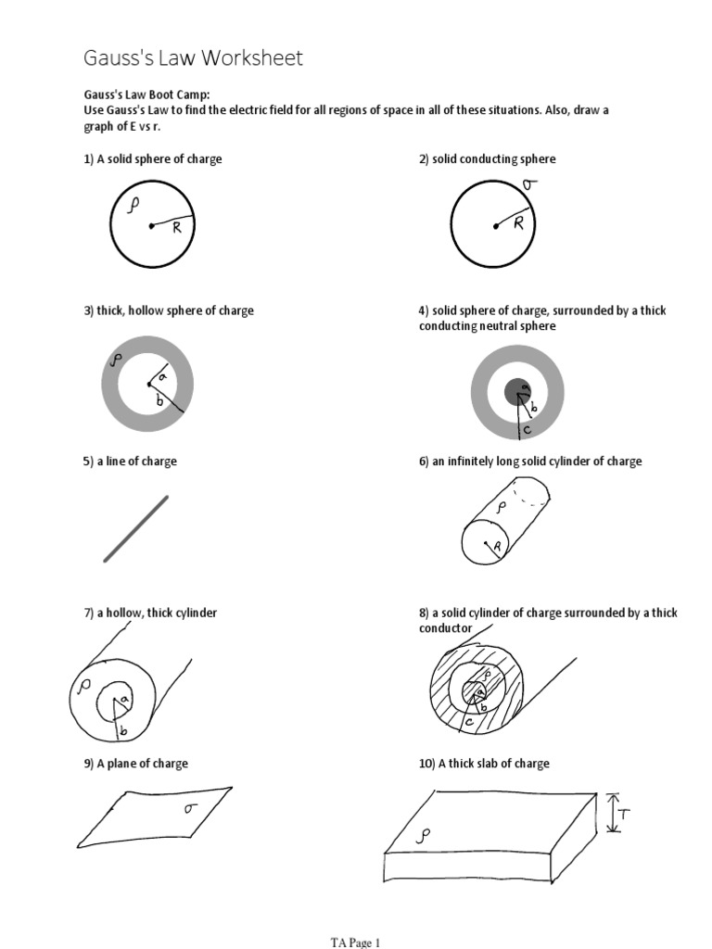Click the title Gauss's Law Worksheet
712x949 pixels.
coord(193,59)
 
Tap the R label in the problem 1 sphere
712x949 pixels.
coord(176,229)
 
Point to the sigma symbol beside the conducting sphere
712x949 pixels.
coord(529,186)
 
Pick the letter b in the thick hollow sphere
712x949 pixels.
coord(159,400)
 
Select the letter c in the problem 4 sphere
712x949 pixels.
coord(527,429)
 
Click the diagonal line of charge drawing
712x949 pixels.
coord(136,528)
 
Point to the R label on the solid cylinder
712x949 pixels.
coord(497,548)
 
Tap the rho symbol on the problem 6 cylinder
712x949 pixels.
coord(501,508)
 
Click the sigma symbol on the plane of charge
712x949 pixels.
coord(190,808)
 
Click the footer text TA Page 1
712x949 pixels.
coord(355,943)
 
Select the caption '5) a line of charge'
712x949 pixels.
coord(129,462)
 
